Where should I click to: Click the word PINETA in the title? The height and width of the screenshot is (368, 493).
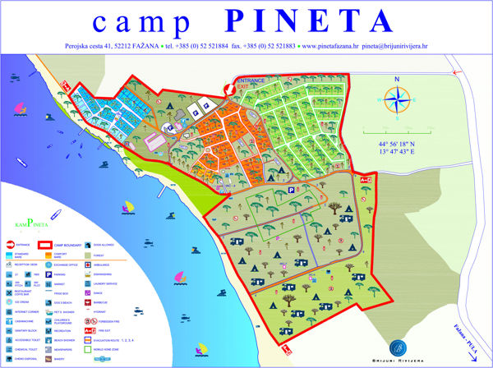tap(306, 20)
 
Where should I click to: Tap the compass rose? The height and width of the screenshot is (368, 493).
tap(398, 101)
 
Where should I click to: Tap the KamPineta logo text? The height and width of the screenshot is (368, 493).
tap(30, 223)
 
